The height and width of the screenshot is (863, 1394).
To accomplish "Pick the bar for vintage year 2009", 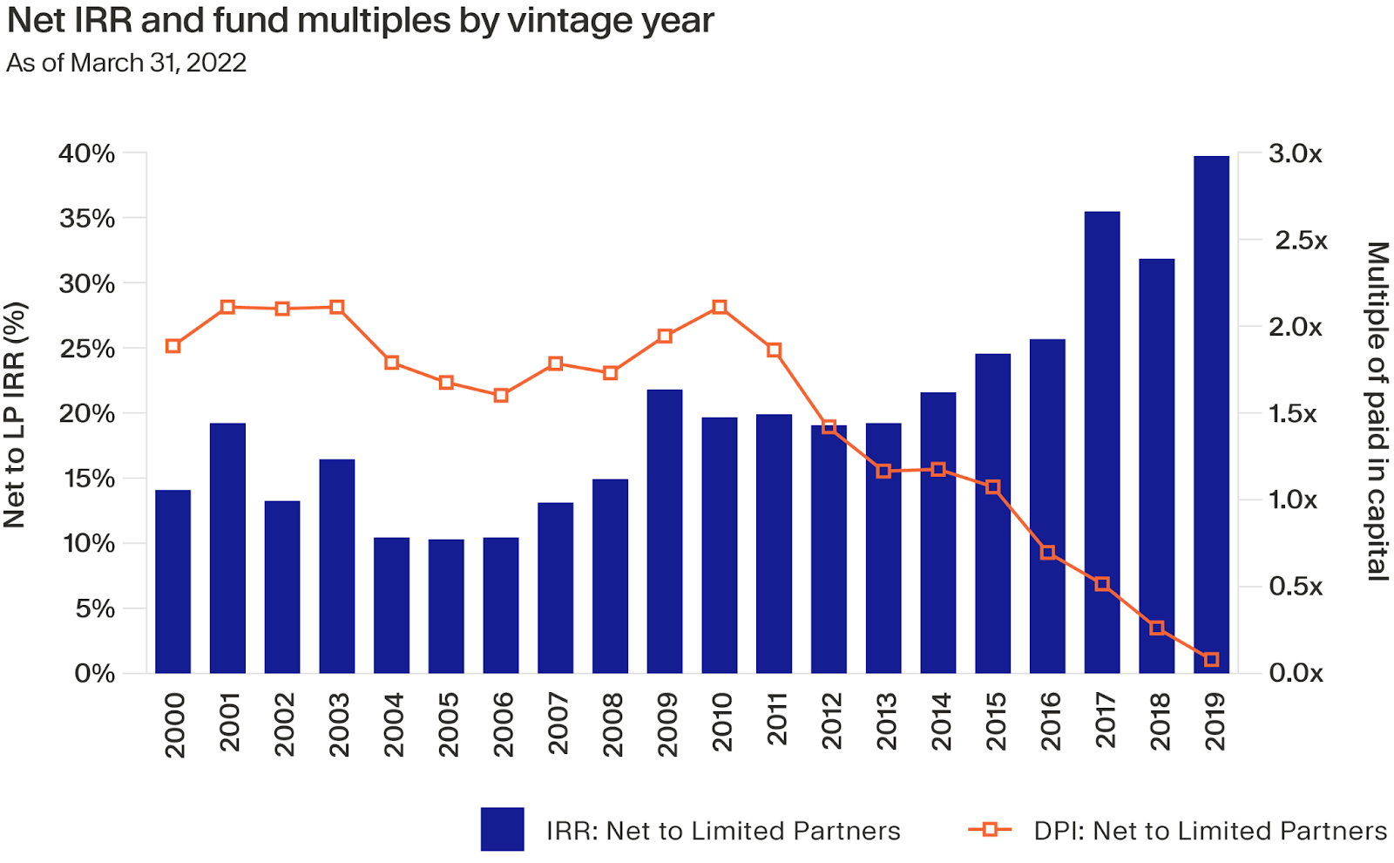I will pos(665,531).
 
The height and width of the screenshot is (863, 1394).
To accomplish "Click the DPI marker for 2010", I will pos(720,307).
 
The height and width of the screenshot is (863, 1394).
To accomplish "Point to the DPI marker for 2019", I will pos(1211,660).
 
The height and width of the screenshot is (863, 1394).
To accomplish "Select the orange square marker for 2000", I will pos(173,346).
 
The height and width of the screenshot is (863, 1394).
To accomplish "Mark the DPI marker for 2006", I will pos(501,395).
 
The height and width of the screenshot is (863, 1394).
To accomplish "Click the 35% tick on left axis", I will pos(87,218).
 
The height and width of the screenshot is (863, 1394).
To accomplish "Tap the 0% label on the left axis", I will pos(94,673).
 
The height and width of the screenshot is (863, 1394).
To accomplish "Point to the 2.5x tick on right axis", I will pos(1301,241).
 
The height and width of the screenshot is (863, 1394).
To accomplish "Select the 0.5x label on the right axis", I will pos(1296,587).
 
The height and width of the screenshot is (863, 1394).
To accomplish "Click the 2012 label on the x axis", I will pos(831,721).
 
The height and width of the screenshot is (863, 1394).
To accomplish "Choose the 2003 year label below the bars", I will pos(338,724).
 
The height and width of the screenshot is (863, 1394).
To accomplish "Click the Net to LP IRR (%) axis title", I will pos(15,415).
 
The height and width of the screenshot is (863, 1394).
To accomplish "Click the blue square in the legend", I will pos(502,829).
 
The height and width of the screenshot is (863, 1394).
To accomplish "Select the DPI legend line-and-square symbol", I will pos(990,830).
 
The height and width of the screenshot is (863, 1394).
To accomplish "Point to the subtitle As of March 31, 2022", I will pos(126,63).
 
